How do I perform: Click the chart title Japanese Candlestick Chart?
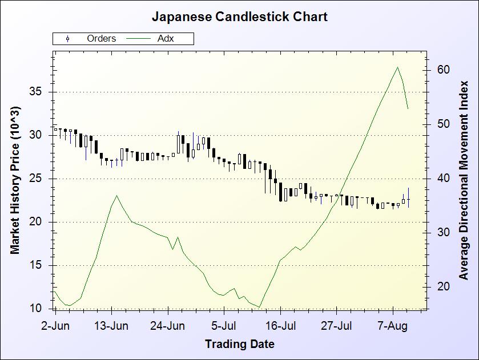coord(239,17)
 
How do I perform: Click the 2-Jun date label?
coord(55,327)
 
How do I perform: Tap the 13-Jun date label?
coord(111,327)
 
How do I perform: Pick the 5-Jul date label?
coord(224,327)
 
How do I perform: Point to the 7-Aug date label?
coord(393,327)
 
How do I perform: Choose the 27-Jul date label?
coord(336,327)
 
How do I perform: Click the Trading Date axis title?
coord(239,344)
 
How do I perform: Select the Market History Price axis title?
coord(15,180)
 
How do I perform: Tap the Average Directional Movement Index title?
coord(464,180)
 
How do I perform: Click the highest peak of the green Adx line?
coord(398,67)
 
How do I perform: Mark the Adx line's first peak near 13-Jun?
coord(116,196)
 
